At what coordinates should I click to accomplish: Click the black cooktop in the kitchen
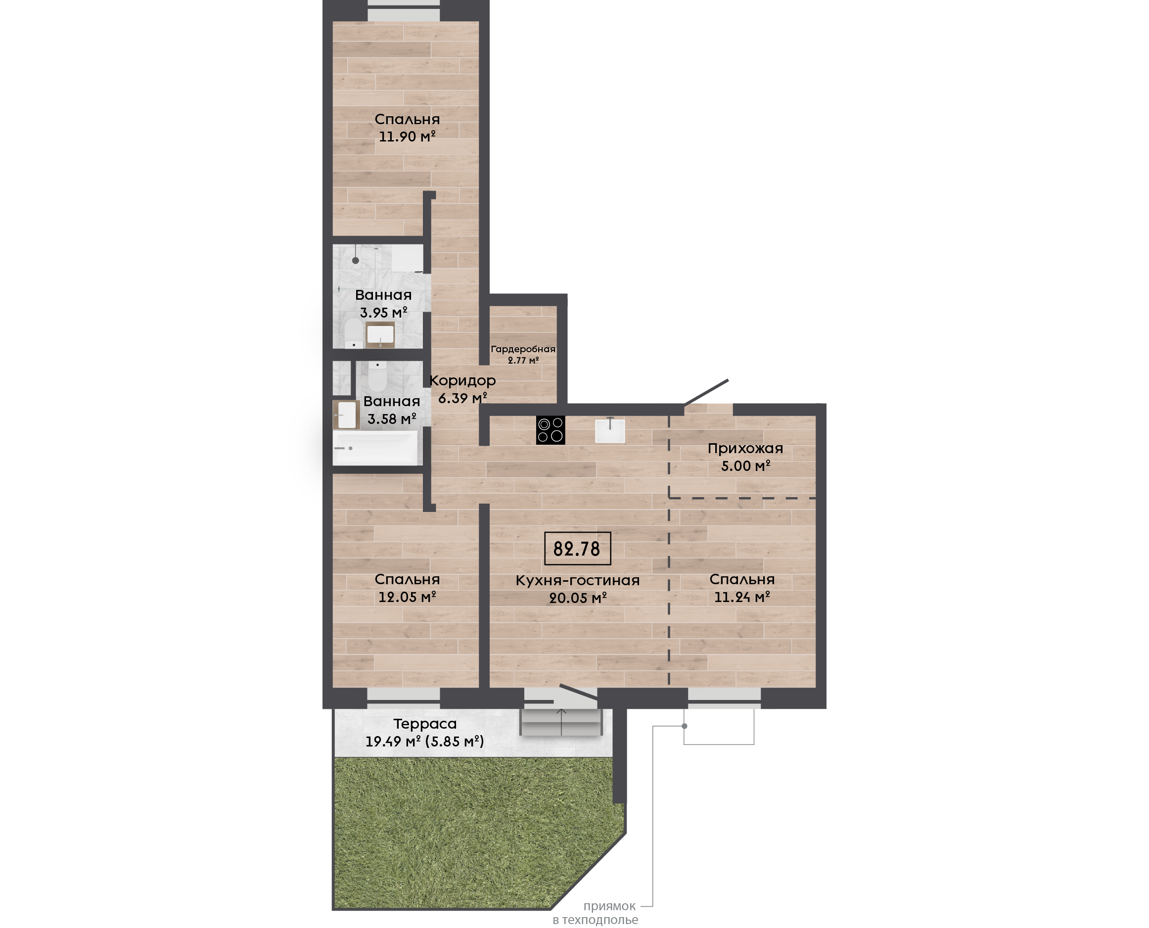coord(550,430)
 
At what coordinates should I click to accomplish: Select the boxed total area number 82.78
coord(577,549)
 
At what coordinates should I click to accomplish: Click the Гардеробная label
coord(523,349)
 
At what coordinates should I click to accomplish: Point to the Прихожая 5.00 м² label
coord(745,457)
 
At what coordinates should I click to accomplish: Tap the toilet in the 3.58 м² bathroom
coord(377,376)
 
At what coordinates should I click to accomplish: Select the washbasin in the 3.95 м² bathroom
coord(380,334)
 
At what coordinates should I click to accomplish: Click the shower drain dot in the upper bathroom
coord(356,260)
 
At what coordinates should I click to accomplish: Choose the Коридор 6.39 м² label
coord(463,389)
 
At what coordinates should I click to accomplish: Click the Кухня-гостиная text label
coord(577,581)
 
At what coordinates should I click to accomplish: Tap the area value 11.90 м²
coord(407,137)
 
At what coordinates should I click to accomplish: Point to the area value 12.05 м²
coord(407,597)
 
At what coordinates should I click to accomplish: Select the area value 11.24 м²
coord(742,597)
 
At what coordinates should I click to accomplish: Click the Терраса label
coord(425,724)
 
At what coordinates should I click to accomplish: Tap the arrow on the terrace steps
coord(561,722)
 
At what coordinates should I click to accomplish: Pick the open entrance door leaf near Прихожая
coord(706,392)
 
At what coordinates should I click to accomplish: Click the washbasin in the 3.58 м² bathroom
coord(346,415)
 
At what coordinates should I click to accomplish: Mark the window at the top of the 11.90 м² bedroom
coord(404,11)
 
